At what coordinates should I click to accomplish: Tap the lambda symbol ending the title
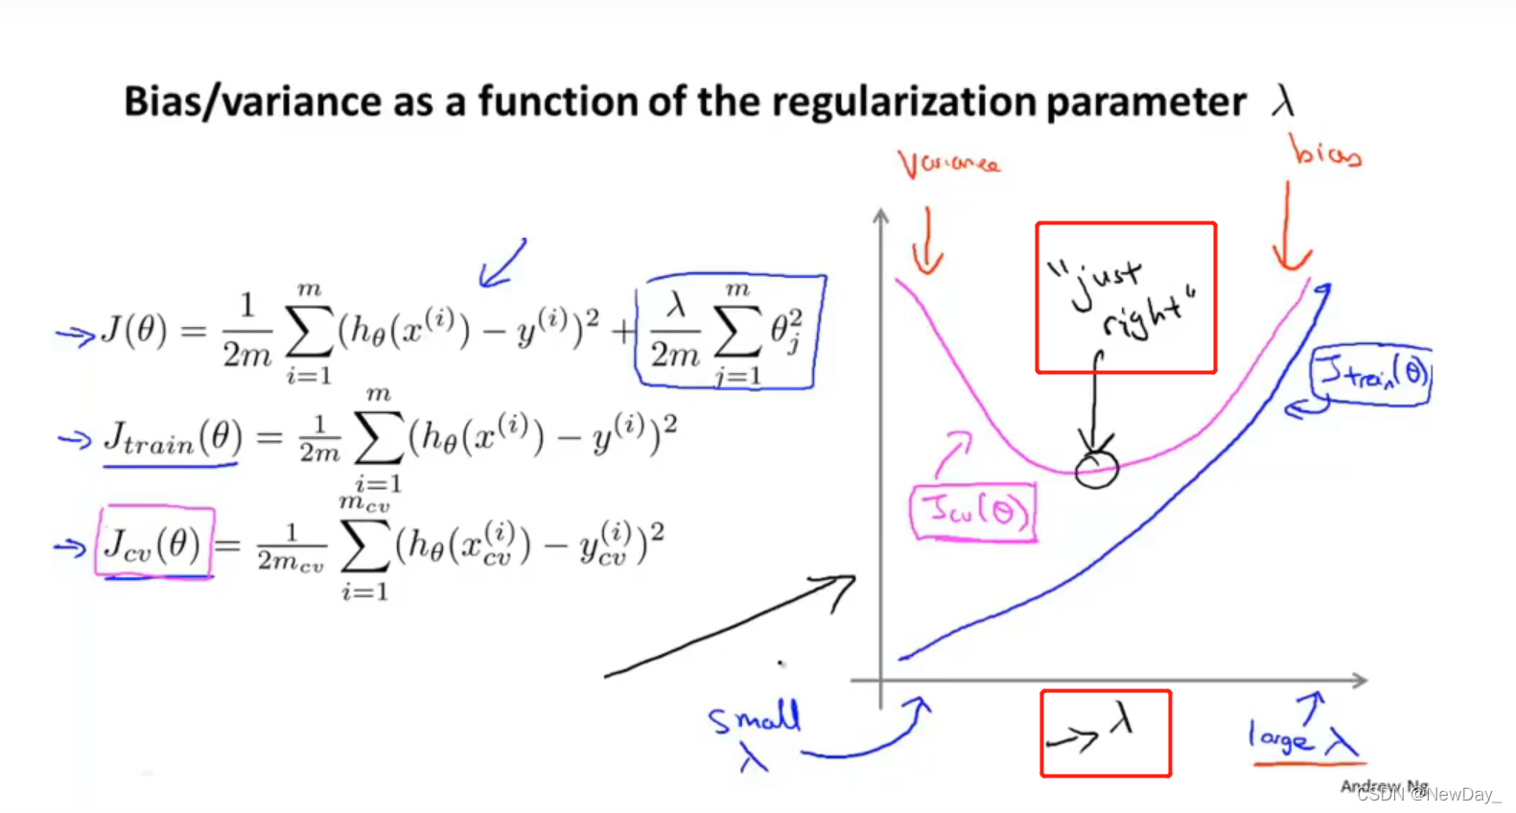pyautogui.click(x=1283, y=101)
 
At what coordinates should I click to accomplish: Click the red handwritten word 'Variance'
pyautogui.click(x=948, y=164)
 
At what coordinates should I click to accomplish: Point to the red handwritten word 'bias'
pyautogui.click(x=1325, y=152)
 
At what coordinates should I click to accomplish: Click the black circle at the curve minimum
pyautogui.click(x=1096, y=469)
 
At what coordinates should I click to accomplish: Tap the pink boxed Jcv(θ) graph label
pyautogui.click(x=973, y=512)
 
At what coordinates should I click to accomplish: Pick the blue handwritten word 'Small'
pyautogui.click(x=754, y=717)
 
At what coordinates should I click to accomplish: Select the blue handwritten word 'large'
pyautogui.click(x=1279, y=737)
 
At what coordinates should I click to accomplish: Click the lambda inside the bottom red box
pyautogui.click(x=1123, y=718)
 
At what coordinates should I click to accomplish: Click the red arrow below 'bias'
pyautogui.click(x=1290, y=230)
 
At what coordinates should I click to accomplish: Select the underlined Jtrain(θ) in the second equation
pyautogui.click(x=173, y=439)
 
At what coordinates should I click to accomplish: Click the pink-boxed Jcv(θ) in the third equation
pyautogui.click(x=153, y=545)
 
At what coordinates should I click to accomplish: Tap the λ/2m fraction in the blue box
pyautogui.click(x=676, y=332)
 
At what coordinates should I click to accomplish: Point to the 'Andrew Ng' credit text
pyautogui.click(x=1384, y=786)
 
